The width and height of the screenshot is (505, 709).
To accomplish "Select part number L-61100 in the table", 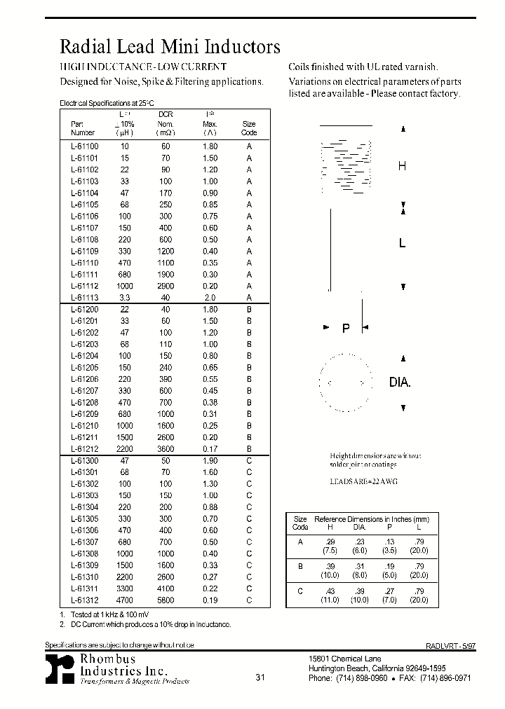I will [x=85, y=146].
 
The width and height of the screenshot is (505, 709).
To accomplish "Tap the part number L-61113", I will [x=85, y=298].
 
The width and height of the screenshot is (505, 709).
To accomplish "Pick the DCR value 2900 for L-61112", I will [x=165, y=286].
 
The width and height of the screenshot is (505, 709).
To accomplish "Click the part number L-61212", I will [x=85, y=449].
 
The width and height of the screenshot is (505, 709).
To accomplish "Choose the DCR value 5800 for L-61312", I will [x=165, y=600].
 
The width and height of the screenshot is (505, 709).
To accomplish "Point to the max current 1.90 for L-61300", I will [x=210, y=461].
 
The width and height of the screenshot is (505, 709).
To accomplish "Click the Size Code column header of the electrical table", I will [x=249, y=128].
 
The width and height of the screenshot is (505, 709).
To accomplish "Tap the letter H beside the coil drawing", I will [x=402, y=167].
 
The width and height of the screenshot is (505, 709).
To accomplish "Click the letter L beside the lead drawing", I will [x=402, y=243].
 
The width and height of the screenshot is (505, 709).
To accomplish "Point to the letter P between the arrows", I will [x=346, y=328].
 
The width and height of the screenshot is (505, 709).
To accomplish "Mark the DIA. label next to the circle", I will [x=400, y=383].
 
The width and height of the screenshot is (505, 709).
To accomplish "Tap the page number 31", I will [x=260, y=677].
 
